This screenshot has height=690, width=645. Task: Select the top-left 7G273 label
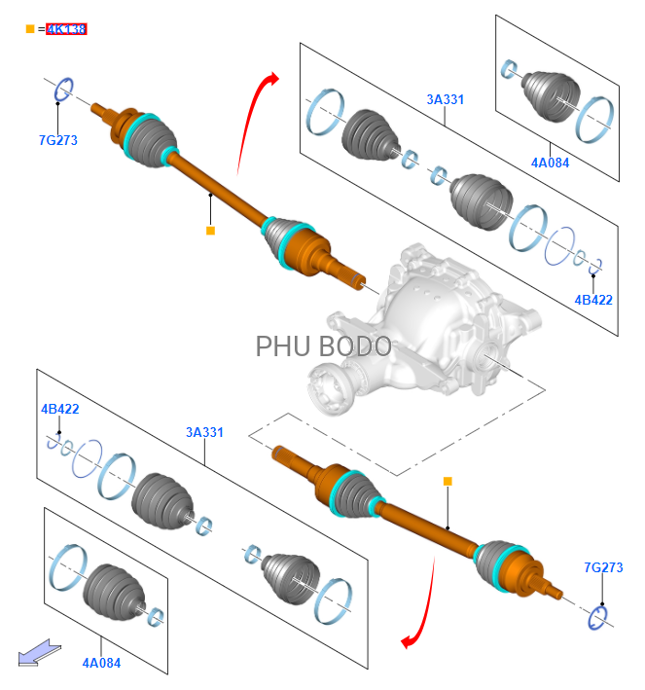pos(58,140)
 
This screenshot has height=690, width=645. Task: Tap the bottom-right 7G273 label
pos(603,567)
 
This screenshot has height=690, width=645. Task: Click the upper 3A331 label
pos(445,99)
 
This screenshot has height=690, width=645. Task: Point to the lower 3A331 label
pos(204,432)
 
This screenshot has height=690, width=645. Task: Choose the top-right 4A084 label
pos(550,163)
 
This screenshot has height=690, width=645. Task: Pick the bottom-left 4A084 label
pos(101,663)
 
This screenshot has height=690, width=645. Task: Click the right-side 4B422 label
pos(593,300)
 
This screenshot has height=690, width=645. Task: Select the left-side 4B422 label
pos(60,409)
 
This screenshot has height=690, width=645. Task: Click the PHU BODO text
pos(324,346)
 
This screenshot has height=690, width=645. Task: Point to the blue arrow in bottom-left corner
pos(36,650)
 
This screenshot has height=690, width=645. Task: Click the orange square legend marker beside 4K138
pos(29,29)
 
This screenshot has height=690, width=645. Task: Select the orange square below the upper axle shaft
pos(209,231)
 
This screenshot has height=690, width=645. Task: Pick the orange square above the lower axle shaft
pos(448,481)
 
